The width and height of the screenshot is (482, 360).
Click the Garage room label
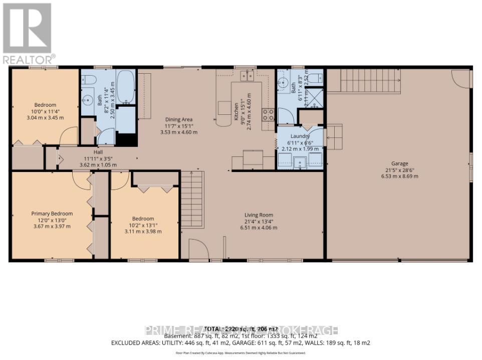[x=399, y=163]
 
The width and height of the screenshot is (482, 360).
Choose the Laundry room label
[x=300, y=136]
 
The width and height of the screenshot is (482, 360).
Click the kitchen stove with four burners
[x=269, y=115]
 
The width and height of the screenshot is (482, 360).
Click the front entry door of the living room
[x=197, y=249]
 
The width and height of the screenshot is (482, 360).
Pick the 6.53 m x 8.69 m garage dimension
[x=399, y=176]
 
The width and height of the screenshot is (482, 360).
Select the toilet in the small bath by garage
[x=315, y=78]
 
